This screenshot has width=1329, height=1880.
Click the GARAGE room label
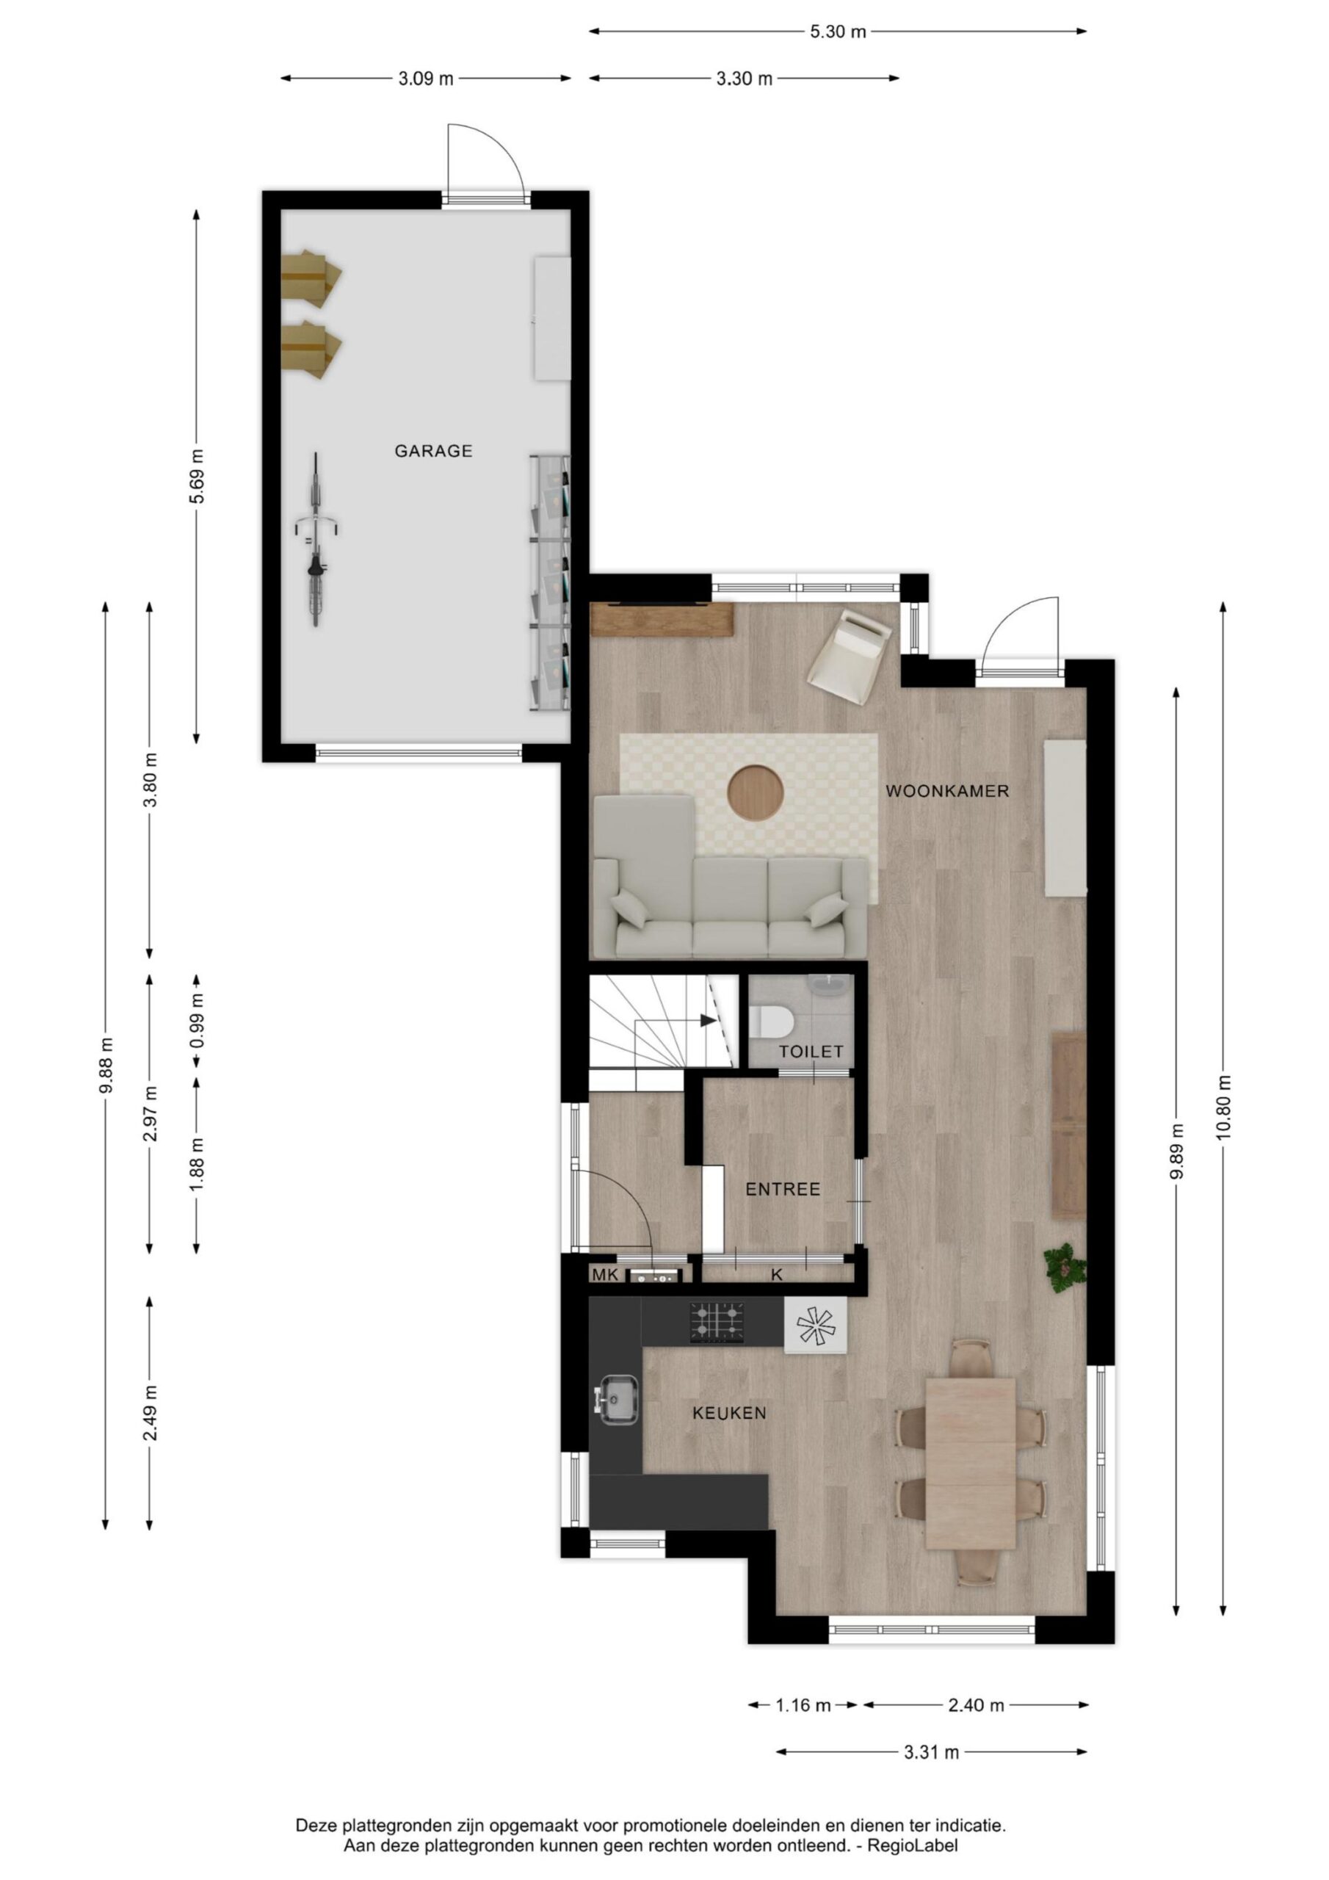tap(433, 451)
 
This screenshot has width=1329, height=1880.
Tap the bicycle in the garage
tap(315, 540)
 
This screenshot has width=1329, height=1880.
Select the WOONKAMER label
tap(947, 791)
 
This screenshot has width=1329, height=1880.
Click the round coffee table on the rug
tap(755, 792)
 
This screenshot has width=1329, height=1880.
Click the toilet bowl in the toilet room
tap(772, 1022)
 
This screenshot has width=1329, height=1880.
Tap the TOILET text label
tap(811, 1052)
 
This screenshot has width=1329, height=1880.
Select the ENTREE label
tap(783, 1190)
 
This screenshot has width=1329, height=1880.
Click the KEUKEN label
tap(730, 1413)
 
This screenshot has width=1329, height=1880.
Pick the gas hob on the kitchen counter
tap(717, 1323)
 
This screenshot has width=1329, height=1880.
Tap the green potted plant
tap(1065, 1269)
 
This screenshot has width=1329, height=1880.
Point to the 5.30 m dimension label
tap(838, 32)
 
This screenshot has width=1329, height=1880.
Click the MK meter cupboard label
tap(605, 1275)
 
